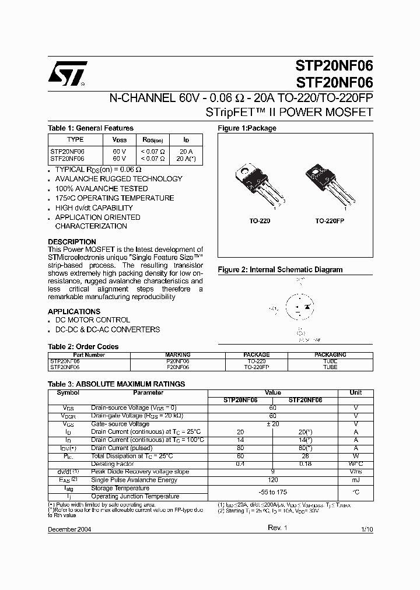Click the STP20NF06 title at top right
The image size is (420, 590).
point(330,65)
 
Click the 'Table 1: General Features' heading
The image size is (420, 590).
point(90,128)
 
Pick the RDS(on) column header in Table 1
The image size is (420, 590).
point(153,140)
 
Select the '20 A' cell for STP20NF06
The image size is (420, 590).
point(186,151)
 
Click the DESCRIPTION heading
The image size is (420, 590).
point(72,242)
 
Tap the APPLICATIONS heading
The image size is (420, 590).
point(74,311)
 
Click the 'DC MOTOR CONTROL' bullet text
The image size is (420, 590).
point(92,320)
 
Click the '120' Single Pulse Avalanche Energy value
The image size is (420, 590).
point(272,480)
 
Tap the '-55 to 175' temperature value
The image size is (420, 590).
point(272,493)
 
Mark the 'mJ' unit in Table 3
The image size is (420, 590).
point(355,480)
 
